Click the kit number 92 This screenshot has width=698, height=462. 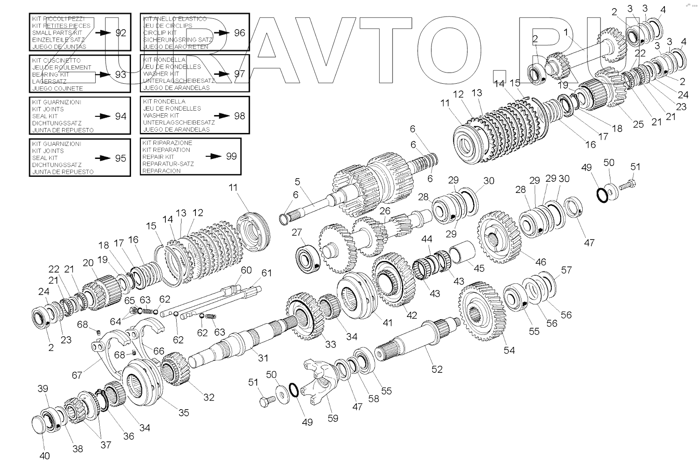point(121,33)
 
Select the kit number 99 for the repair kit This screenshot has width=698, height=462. point(231,156)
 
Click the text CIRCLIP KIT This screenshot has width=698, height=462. point(160,33)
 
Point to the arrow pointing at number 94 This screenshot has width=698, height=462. point(104,116)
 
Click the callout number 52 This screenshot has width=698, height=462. point(437,369)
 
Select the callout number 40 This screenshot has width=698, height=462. point(45,456)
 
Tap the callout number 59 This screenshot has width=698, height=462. point(333,418)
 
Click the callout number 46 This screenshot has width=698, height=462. point(541,261)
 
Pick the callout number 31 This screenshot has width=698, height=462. point(263,358)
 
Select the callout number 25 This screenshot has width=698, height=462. point(638,124)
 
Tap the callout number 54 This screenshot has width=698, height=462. point(509,350)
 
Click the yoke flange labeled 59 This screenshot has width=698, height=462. point(318,381)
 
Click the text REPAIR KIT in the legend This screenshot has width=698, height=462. point(158,157)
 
